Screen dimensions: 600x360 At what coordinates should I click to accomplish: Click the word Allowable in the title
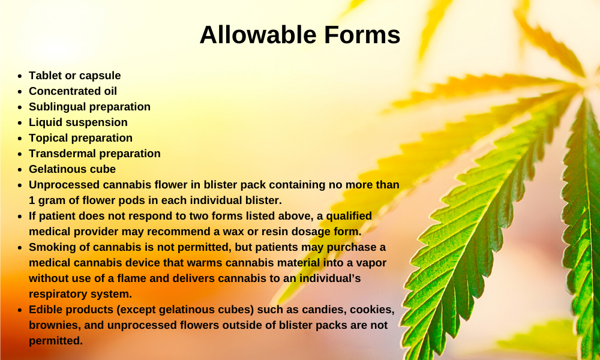click(x=258, y=35)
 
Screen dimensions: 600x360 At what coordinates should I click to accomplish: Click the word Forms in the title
click(x=362, y=35)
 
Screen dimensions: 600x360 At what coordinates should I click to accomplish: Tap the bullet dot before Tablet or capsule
click(x=20, y=76)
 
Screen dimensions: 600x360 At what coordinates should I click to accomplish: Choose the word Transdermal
click(x=61, y=154)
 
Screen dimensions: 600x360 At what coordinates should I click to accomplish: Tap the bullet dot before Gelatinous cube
click(x=20, y=169)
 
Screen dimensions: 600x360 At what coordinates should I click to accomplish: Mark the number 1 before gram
click(x=31, y=200)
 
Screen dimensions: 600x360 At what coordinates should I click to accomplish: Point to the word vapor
click(x=371, y=263)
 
